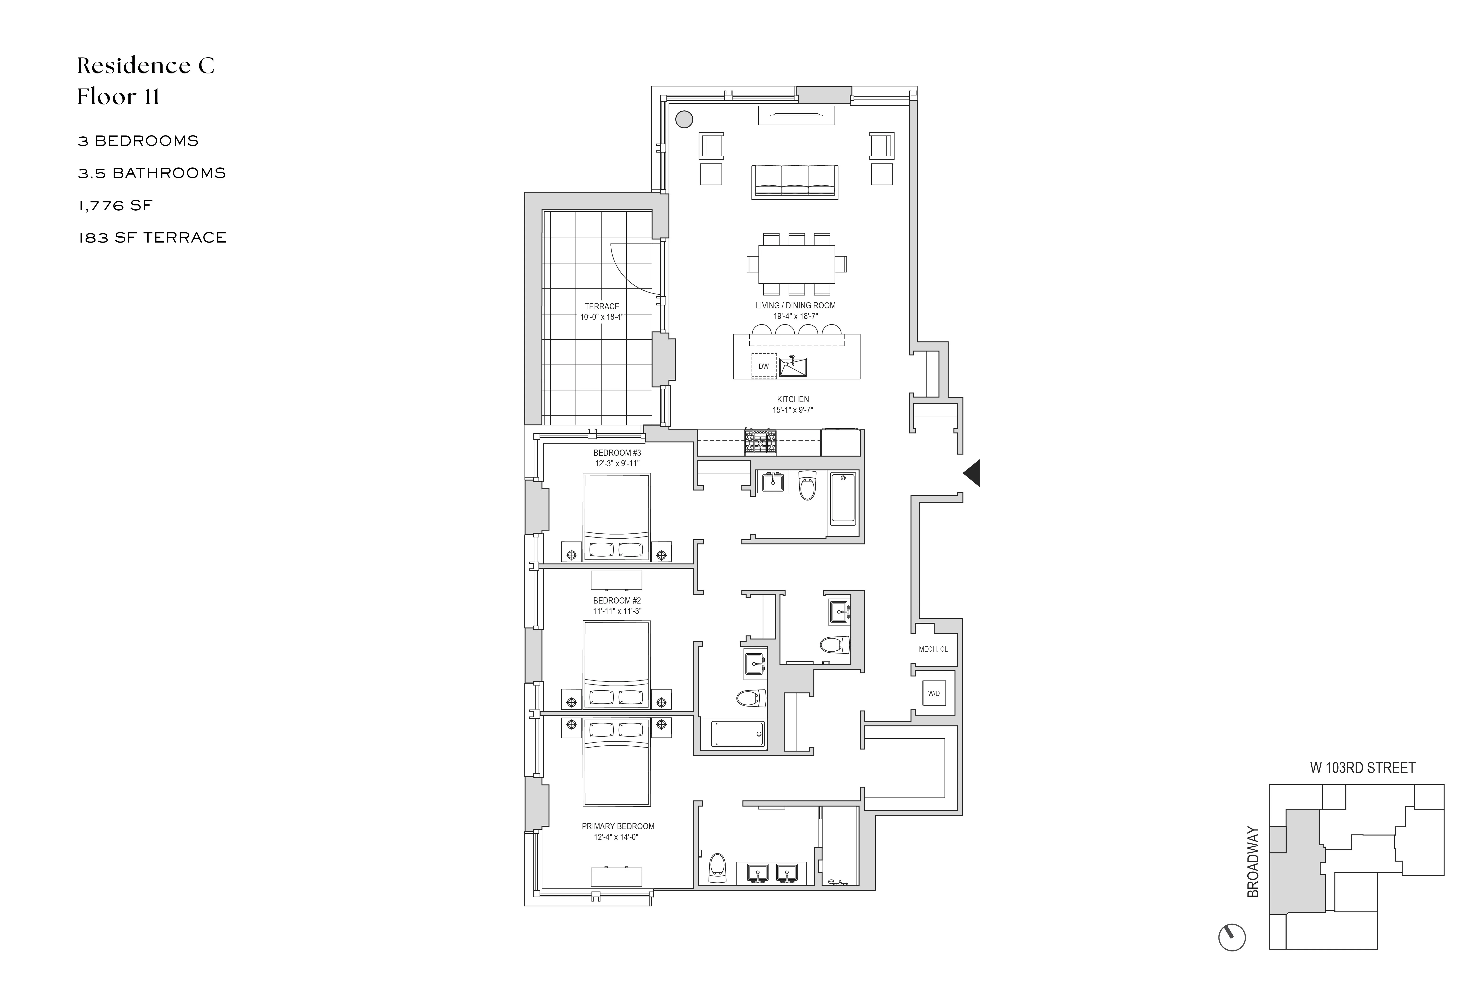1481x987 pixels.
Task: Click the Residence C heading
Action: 145,65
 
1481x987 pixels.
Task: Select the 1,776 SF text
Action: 115,205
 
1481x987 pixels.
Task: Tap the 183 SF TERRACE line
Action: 152,237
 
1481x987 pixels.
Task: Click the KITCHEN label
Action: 793,399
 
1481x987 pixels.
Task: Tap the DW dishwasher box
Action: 763,366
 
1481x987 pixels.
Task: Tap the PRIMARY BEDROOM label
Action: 618,826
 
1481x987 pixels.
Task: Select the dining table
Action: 797,264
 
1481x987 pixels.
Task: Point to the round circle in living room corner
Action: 684,119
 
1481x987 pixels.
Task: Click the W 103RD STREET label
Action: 1362,768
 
